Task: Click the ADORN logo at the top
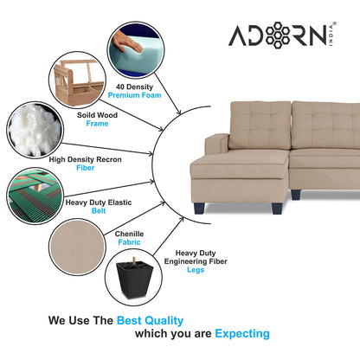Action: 278,35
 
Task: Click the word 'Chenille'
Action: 130,234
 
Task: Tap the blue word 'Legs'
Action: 196,269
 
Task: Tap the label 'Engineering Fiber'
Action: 195,260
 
